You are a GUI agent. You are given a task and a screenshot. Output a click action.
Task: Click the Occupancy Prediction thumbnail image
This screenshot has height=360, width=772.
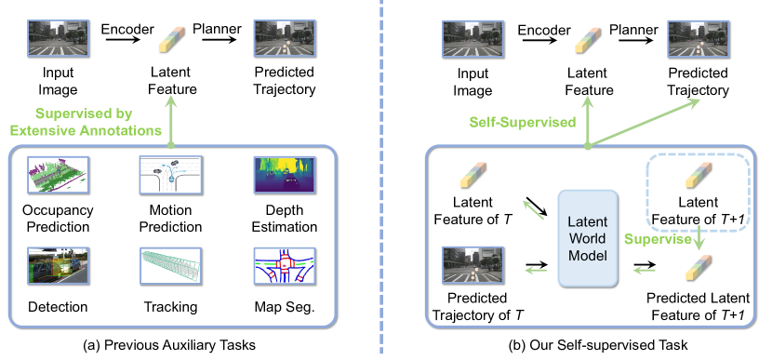58,174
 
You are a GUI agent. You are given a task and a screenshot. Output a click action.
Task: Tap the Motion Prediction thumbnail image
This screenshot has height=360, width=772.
170,174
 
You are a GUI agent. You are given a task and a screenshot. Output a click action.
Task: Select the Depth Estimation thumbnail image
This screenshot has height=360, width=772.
284,174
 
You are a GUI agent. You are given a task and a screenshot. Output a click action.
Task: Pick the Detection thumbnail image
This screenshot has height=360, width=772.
58,266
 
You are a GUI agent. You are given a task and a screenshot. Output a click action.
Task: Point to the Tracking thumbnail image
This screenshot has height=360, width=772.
170,266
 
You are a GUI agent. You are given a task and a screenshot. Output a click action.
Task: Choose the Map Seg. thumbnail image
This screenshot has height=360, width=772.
284,266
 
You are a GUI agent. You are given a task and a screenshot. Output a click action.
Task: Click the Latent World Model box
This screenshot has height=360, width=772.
587,238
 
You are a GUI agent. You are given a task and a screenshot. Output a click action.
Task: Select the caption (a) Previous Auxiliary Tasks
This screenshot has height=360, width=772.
169,345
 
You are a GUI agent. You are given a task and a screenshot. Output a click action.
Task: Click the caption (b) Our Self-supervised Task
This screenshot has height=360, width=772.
598,345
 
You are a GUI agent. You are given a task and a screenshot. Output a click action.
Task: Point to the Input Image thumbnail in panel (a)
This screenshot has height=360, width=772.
58,38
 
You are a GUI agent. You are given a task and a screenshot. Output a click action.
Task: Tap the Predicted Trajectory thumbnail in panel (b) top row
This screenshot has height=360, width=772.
698,38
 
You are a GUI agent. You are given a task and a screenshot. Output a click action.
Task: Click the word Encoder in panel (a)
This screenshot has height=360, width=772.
127,29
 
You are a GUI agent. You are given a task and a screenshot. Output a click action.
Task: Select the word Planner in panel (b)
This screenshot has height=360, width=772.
633,30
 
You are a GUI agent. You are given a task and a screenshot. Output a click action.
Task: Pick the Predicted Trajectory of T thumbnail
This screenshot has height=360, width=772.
473,266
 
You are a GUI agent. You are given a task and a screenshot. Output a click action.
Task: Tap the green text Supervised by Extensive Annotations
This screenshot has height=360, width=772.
87,122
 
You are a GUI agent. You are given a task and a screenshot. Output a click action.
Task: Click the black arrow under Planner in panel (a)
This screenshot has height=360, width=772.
219,40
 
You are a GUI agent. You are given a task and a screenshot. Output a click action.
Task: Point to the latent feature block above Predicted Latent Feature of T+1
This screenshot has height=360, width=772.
699,266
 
